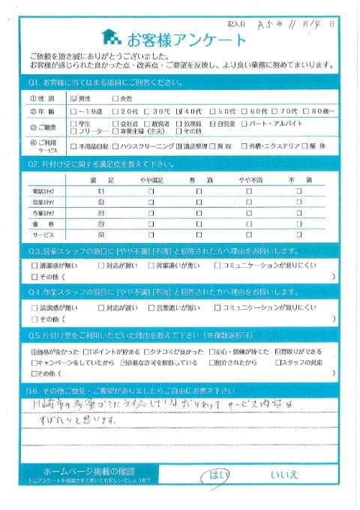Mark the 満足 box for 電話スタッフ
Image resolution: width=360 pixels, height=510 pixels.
pos(100,192)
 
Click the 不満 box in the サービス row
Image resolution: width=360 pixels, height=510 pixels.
pos(298,235)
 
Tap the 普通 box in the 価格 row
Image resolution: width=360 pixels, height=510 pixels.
pos(199,224)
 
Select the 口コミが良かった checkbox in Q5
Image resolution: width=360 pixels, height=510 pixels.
pos(147,351)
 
